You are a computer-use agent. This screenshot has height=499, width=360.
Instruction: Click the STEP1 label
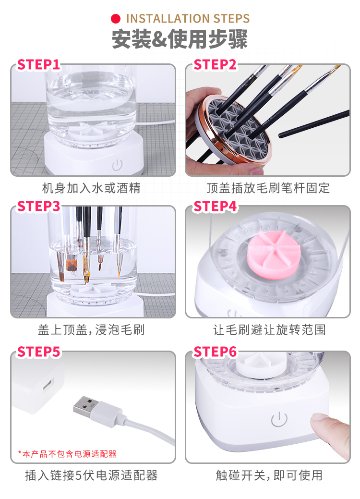38,65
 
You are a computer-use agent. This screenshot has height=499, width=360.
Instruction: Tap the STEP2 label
215,65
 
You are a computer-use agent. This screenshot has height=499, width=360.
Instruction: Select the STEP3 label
38,206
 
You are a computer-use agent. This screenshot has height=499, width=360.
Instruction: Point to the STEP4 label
215,206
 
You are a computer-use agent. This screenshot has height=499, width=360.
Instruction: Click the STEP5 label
38,352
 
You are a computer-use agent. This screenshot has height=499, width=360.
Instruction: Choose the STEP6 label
215,352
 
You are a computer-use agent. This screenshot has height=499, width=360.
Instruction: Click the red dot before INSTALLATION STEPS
116,19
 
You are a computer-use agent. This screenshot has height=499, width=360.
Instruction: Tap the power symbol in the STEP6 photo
279,419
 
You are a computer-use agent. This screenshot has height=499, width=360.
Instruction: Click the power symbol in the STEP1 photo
117,165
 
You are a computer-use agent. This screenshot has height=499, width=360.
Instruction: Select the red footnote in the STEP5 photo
67,454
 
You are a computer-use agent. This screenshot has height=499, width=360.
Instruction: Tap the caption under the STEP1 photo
91,188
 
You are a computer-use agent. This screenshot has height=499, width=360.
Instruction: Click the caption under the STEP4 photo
269,329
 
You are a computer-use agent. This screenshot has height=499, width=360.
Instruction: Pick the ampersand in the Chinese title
159,39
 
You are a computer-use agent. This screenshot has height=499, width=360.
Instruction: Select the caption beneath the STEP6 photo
269,475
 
